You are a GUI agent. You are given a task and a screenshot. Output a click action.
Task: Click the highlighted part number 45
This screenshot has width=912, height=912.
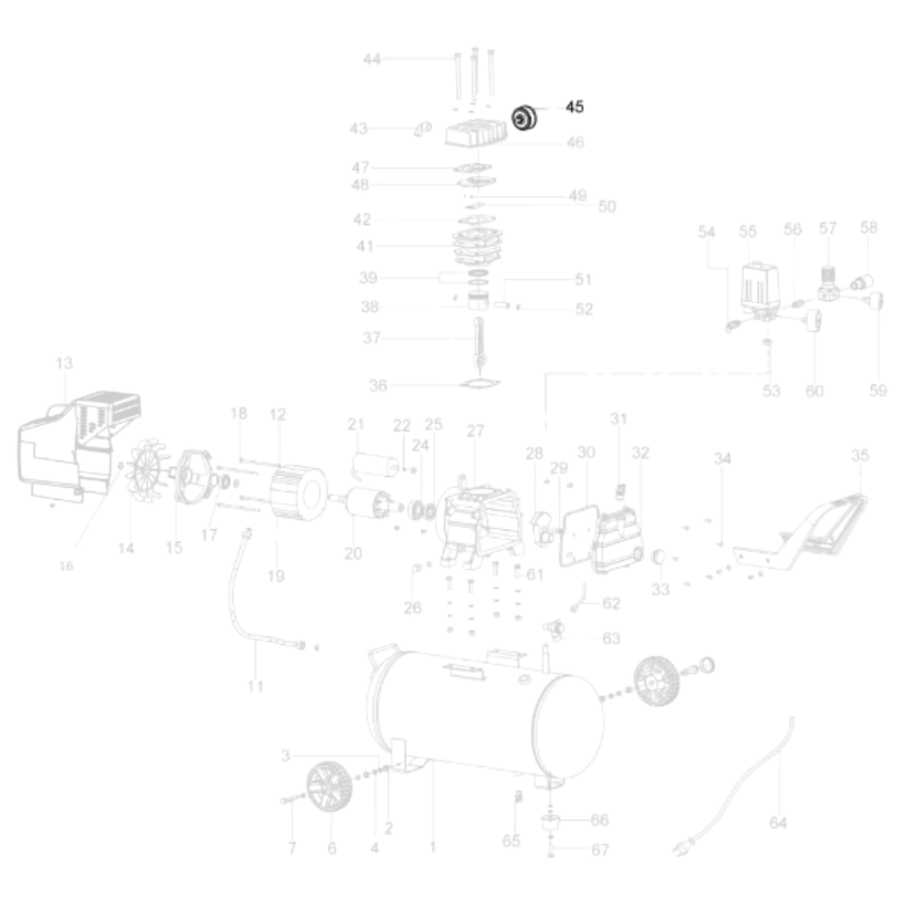point(574,107)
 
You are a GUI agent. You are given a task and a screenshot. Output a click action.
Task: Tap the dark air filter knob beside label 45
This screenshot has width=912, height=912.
point(523,119)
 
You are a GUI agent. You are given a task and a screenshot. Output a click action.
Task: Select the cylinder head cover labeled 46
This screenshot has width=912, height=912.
point(475,134)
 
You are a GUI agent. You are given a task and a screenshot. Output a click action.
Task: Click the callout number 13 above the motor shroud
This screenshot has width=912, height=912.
point(64,364)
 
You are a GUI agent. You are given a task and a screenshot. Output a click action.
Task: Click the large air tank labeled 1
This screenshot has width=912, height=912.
point(483,711)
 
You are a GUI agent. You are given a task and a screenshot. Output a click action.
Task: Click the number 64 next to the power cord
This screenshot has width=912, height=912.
point(777,823)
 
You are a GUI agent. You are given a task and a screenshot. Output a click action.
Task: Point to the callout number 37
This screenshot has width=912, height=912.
point(371,338)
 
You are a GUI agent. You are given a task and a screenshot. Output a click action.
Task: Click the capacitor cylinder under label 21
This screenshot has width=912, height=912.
point(375,466)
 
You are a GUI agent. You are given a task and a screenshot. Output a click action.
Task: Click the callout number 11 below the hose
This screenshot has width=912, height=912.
point(255,686)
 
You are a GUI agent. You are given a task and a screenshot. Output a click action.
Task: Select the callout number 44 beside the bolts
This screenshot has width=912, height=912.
point(371,59)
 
